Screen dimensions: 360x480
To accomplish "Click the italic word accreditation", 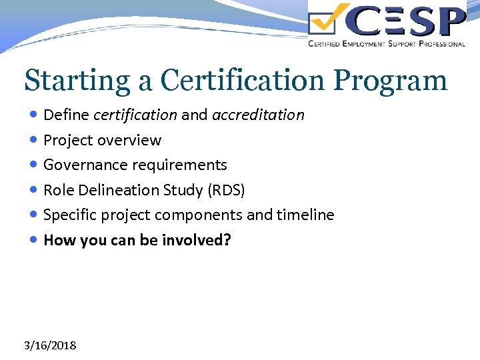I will tap(258, 115).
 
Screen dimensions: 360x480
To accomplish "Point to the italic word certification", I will tap(135, 115).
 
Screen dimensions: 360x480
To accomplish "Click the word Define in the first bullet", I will tap(66, 115).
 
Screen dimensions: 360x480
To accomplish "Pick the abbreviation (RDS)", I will tap(226, 190).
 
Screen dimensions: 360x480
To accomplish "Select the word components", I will tap(198, 215).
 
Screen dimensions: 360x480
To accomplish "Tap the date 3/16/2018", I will tap(49, 345).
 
